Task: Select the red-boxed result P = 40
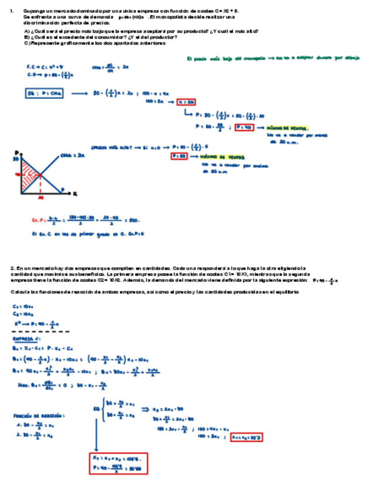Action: point(244,127)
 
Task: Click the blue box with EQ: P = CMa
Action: point(44,93)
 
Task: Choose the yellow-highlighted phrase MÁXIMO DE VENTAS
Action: point(222,157)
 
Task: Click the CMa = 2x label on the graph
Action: point(73,156)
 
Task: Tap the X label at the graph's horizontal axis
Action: point(75,193)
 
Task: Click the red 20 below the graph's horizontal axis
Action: point(40,198)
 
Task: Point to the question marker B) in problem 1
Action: point(27,37)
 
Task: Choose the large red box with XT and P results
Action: point(118,462)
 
